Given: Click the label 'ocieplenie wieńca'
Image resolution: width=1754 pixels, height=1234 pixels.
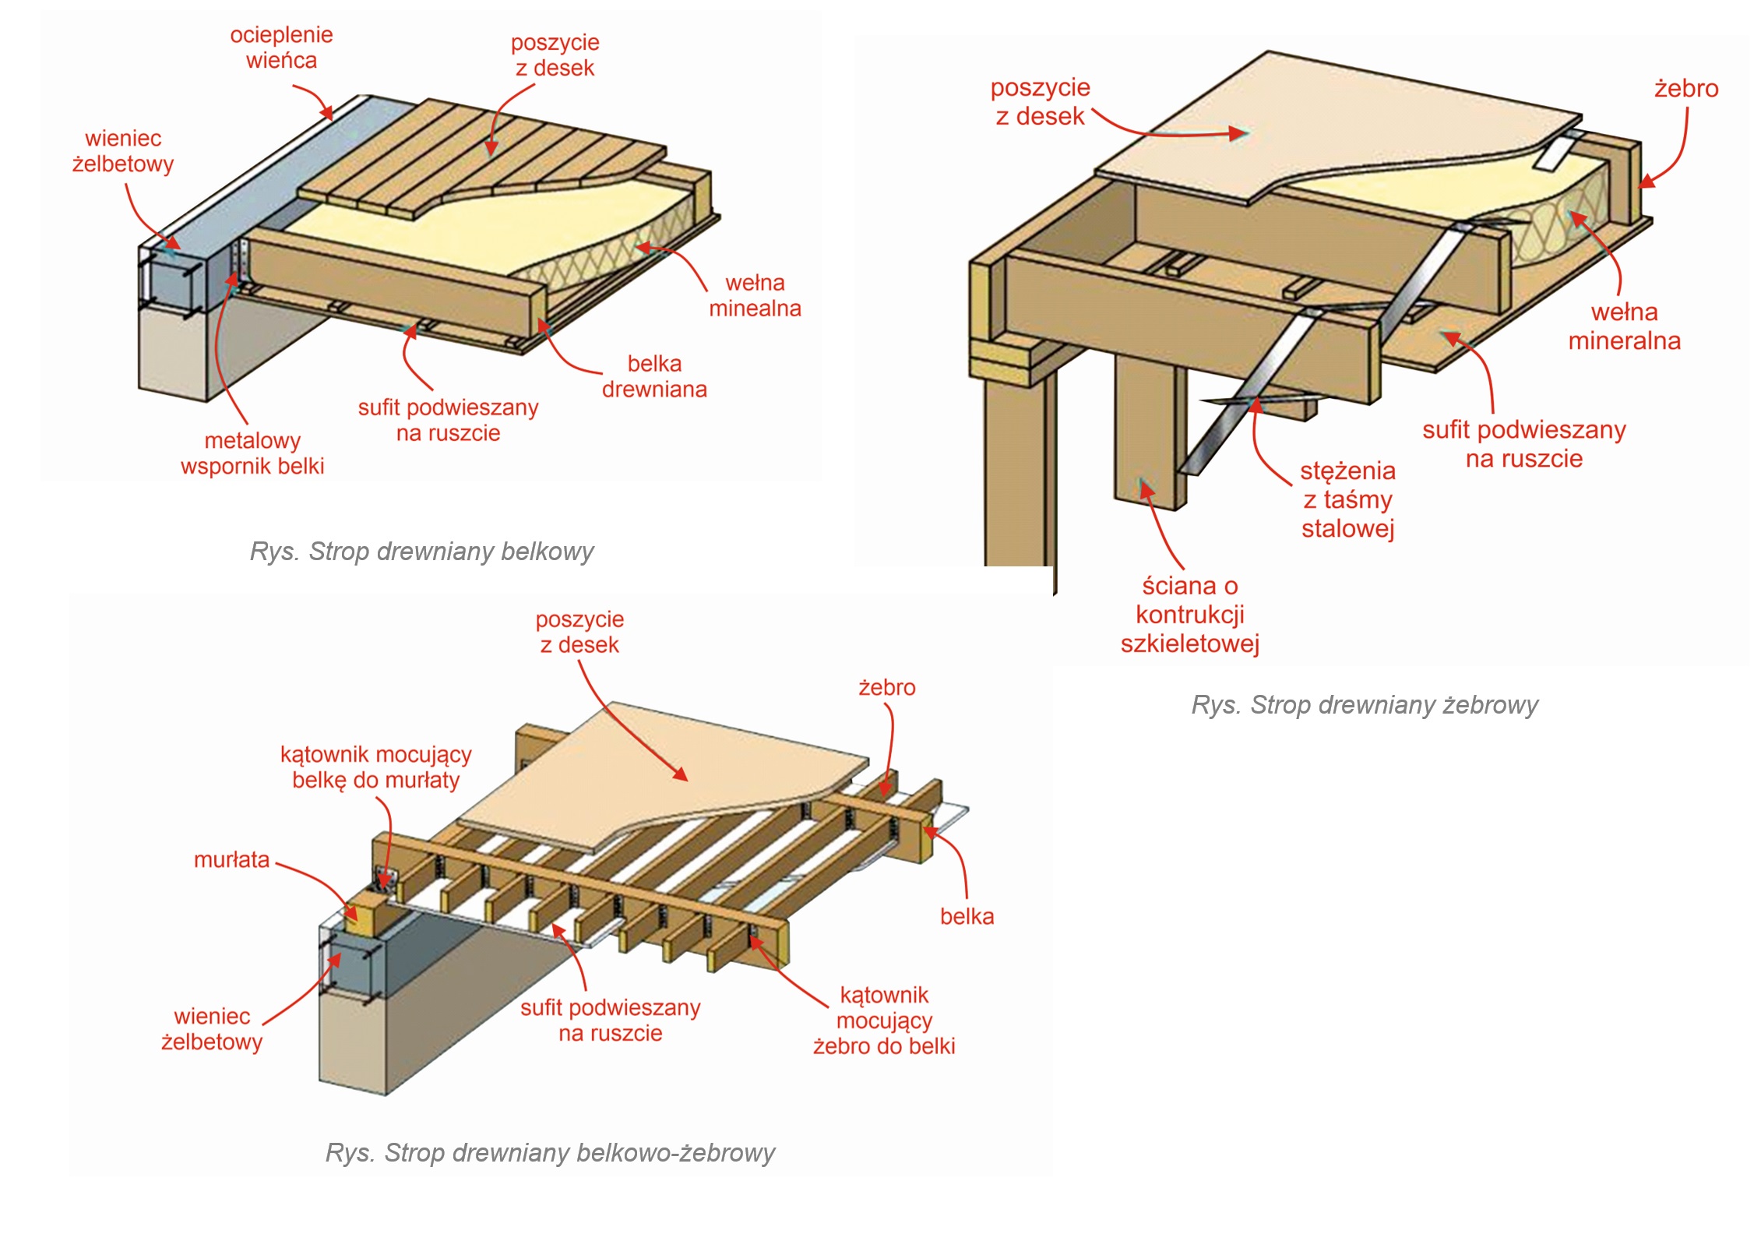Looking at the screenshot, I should click(281, 48).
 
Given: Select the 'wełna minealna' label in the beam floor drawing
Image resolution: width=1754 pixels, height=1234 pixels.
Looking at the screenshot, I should click(754, 295).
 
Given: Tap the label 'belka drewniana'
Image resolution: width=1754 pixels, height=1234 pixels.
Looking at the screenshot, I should click(654, 376).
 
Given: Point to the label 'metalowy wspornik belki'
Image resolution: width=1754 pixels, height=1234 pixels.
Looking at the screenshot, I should click(252, 453).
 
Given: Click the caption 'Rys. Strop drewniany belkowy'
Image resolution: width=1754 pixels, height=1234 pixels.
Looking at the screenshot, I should click(421, 552).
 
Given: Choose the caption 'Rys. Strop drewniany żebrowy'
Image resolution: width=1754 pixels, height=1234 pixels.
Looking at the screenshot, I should click(1365, 705).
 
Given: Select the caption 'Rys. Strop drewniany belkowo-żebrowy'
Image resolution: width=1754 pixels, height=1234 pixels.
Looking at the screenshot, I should click(550, 1152).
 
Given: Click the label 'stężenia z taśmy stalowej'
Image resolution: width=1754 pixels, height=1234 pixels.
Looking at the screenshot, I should click(1347, 499).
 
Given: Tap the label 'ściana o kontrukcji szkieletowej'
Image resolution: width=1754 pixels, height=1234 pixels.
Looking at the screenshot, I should click(1189, 615).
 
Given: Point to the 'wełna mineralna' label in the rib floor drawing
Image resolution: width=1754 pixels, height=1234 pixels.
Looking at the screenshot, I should click(1624, 326).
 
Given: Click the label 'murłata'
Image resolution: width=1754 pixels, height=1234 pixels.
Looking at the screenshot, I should click(231, 860).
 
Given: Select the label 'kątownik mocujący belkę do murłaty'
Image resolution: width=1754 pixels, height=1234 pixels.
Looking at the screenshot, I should click(376, 767).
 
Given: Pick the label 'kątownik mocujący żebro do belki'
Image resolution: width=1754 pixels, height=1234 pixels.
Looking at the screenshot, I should click(884, 1020).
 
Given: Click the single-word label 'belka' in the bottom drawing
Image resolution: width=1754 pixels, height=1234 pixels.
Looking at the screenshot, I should click(967, 916).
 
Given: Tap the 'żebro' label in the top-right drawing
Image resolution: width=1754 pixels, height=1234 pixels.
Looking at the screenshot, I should click(1686, 89).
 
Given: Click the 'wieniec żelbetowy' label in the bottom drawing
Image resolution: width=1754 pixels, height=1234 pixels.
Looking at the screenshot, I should click(212, 1029).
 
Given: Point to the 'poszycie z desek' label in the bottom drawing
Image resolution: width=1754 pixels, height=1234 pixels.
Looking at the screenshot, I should click(579, 632).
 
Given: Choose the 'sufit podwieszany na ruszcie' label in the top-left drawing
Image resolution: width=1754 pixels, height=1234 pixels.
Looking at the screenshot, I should click(448, 420).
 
